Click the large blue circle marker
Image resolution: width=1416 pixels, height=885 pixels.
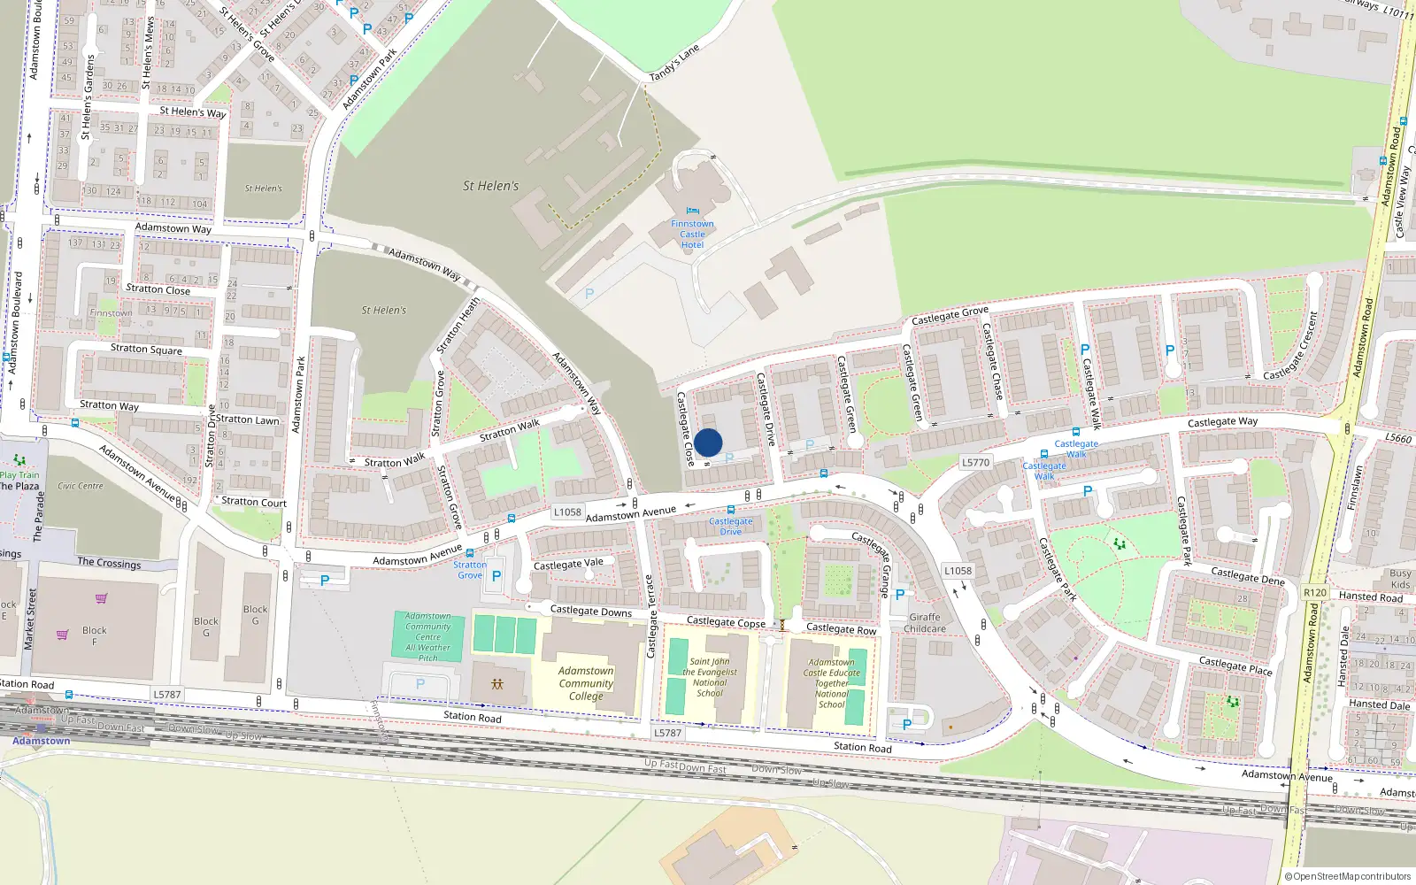tap(708, 442)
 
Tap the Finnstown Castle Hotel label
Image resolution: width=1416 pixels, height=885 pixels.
tap(692, 235)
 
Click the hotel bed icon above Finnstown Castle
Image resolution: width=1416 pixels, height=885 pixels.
tap(692, 211)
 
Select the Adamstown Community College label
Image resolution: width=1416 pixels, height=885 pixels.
tap(586, 683)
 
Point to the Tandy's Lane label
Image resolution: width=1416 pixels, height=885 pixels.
tap(674, 63)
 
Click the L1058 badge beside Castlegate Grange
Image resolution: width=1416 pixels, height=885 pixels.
tap(958, 571)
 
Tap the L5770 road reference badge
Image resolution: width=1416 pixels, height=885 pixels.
tap(975, 462)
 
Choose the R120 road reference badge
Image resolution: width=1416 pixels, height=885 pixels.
tap(1315, 593)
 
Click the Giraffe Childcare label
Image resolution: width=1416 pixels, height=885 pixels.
tap(925, 623)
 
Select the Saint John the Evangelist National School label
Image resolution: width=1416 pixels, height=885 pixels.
tap(710, 677)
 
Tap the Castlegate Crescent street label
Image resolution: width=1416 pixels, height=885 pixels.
tap(1291, 347)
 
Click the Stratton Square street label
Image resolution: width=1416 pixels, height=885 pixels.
tap(146, 350)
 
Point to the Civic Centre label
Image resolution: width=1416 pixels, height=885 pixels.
tap(81, 486)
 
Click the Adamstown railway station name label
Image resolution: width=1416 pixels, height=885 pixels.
tap(42, 741)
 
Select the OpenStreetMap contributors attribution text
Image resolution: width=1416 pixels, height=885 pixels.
tap(1348, 876)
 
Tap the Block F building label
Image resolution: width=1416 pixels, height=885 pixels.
tap(94, 636)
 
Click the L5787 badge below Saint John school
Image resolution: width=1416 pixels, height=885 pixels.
tap(667, 733)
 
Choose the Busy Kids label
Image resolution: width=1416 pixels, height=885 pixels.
tap(1400, 579)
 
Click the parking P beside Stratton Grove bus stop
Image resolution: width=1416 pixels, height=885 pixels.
tap(496, 576)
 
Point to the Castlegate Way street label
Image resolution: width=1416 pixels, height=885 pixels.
tap(1222, 422)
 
